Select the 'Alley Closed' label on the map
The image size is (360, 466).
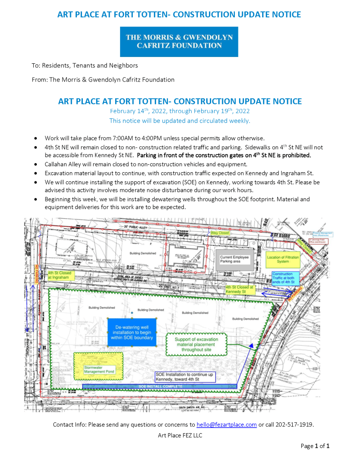(220, 233)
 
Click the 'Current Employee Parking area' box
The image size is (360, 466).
(234, 260)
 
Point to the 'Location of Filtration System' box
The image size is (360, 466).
(283, 259)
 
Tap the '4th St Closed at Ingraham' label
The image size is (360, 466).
(60, 276)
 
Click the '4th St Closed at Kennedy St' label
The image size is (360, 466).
(239, 290)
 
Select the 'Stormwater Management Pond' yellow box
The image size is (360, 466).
(98, 369)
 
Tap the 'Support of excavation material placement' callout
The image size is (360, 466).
(197, 344)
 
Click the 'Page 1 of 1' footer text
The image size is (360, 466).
(315, 446)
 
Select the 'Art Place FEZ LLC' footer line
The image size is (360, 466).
(180, 435)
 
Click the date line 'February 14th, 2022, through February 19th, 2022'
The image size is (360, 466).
(180, 111)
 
